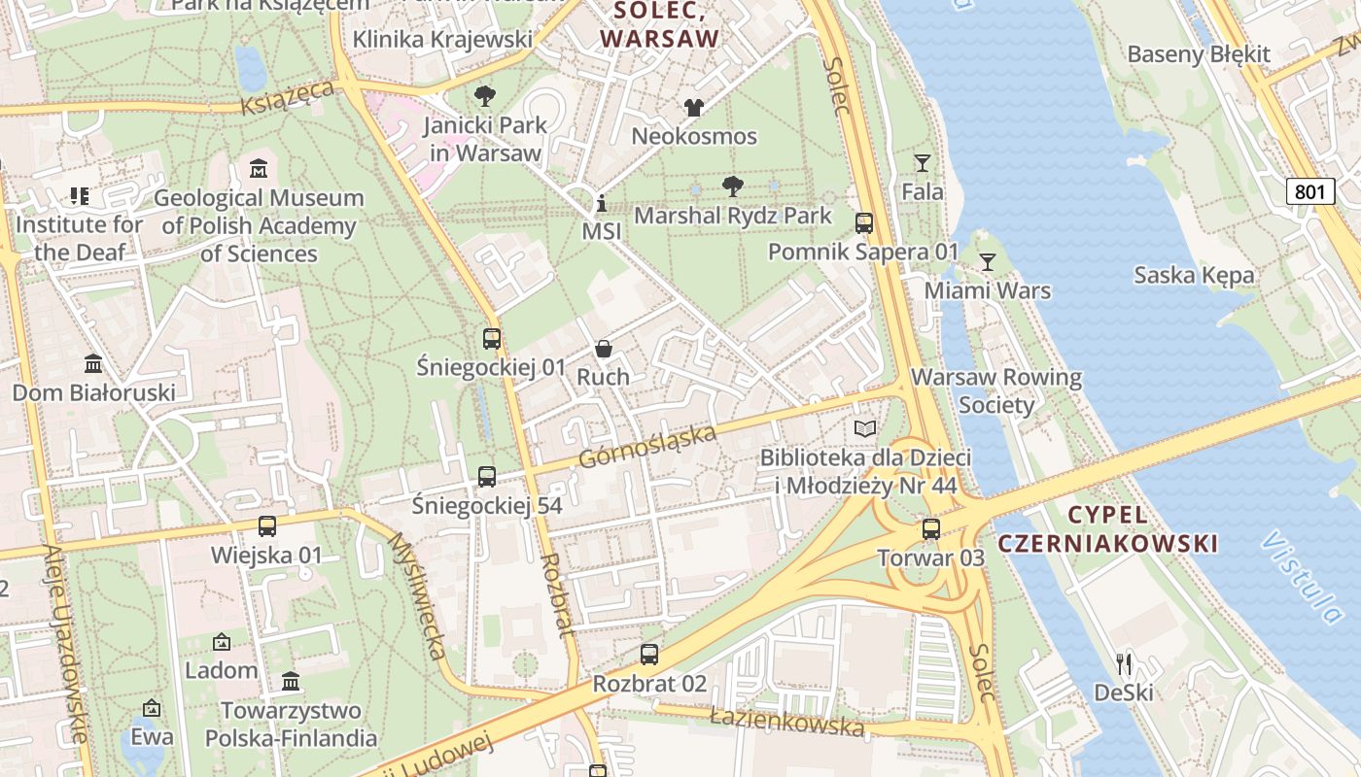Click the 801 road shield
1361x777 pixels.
click(x=1309, y=191)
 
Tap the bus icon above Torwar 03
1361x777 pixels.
click(x=930, y=529)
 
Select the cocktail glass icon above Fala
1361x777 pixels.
click(x=922, y=162)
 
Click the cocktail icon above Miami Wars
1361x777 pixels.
click(x=988, y=261)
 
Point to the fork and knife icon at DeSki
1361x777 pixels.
click(x=1124, y=663)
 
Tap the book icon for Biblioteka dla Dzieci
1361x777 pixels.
click(x=864, y=428)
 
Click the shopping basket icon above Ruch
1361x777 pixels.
click(x=603, y=349)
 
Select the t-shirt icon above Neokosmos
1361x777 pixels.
click(x=693, y=107)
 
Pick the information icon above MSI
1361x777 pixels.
click(x=601, y=204)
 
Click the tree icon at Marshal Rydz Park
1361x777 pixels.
click(x=733, y=186)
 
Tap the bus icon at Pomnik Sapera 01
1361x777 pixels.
click(x=863, y=223)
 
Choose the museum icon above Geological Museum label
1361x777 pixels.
click(x=258, y=169)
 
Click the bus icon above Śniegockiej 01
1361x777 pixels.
click(x=491, y=339)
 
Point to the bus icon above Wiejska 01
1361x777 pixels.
click(x=266, y=526)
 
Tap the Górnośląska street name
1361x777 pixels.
click(x=647, y=448)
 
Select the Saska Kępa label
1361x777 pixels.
click(x=1194, y=275)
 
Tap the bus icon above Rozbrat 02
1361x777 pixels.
click(x=648, y=655)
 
